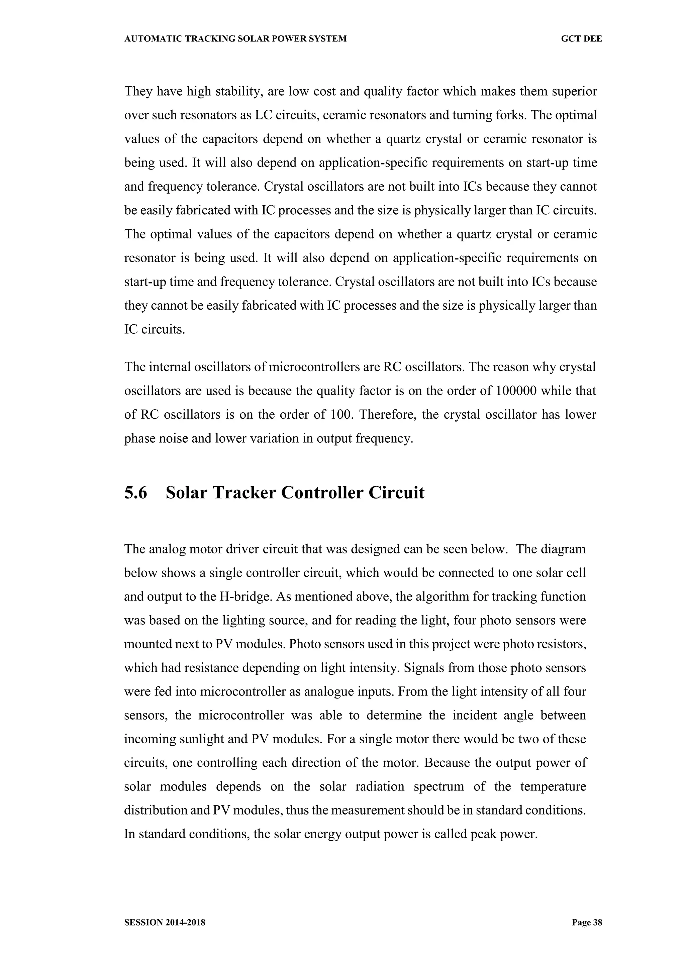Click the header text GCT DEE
coord(581,39)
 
